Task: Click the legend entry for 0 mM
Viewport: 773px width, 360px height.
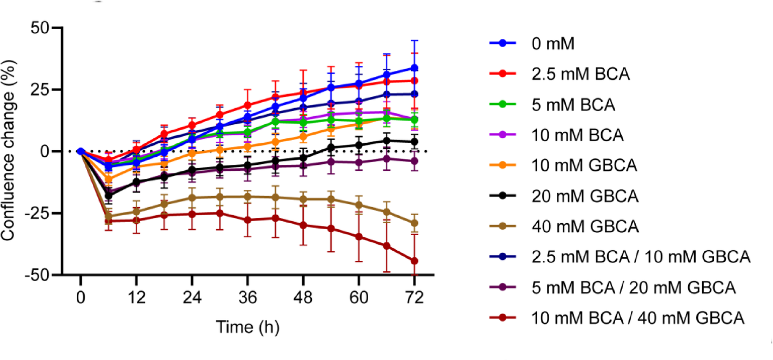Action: [x=546, y=44]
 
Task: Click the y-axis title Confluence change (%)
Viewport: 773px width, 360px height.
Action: [x=10, y=151]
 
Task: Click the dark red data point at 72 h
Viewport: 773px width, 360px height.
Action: [x=415, y=261]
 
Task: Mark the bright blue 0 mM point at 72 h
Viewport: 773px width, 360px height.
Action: [x=415, y=68]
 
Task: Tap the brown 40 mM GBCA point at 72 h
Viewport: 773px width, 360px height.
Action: [x=415, y=223]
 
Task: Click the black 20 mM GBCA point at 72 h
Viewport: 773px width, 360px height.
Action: [x=415, y=142]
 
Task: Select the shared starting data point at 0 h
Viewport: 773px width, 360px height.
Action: [x=81, y=151]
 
